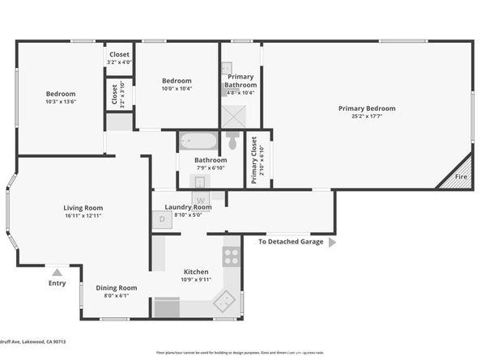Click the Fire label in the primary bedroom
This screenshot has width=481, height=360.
(461, 176)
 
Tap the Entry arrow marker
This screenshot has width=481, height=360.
(57, 273)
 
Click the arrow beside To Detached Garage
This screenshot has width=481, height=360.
(332, 241)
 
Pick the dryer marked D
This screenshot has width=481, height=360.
(162, 218)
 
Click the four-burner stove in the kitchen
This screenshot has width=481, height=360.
(232, 256)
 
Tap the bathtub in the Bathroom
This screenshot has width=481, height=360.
(198, 142)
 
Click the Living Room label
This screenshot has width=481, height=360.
(83, 208)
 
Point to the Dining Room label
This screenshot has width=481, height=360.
(117, 288)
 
